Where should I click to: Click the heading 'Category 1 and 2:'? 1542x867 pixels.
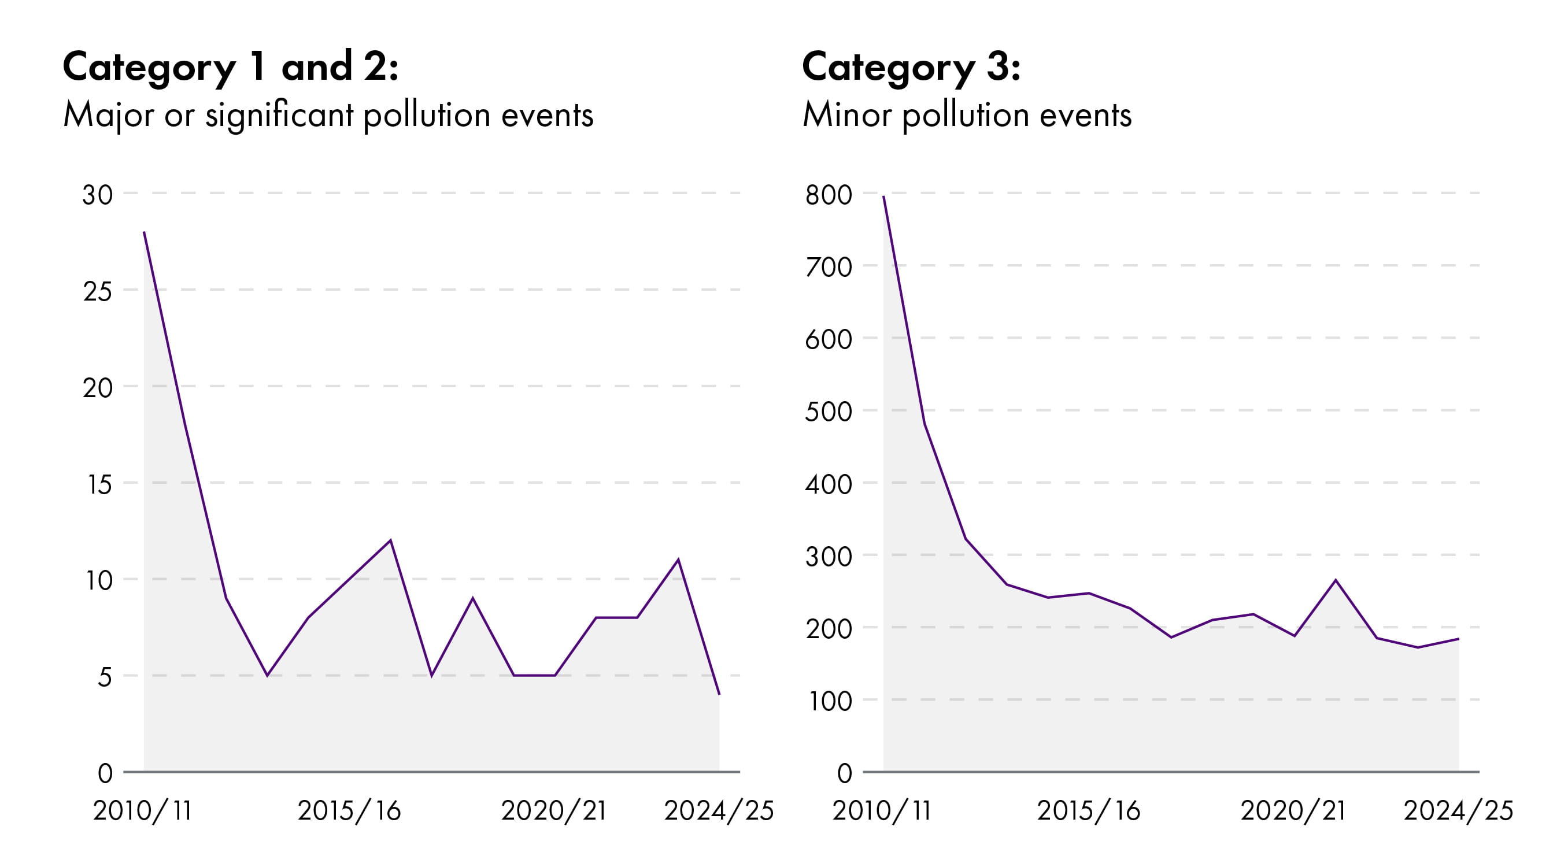point(230,67)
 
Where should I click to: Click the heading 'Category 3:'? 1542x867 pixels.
point(911,67)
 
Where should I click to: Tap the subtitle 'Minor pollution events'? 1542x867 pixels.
point(967,115)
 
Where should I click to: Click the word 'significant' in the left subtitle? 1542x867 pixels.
point(279,115)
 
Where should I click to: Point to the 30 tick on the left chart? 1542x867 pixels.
point(98,194)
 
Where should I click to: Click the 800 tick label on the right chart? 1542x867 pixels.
point(829,195)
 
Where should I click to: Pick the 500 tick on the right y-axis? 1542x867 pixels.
point(829,412)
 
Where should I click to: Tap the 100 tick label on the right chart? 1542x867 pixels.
point(830,701)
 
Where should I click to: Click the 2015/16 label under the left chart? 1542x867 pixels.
point(349,811)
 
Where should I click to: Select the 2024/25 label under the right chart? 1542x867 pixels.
point(1458,811)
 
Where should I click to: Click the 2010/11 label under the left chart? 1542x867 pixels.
point(142,811)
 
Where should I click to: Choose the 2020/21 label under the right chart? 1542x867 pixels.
point(1293,811)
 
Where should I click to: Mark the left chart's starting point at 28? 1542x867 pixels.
point(145,232)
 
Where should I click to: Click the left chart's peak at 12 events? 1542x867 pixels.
point(390,540)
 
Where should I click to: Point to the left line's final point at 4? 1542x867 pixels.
point(719,694)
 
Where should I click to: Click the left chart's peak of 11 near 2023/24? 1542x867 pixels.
point(678,560)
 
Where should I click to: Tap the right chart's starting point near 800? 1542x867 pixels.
point(883,197)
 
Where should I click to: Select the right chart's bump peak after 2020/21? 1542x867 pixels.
point(1336,580)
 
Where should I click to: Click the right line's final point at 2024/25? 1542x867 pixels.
point(1458,639)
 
